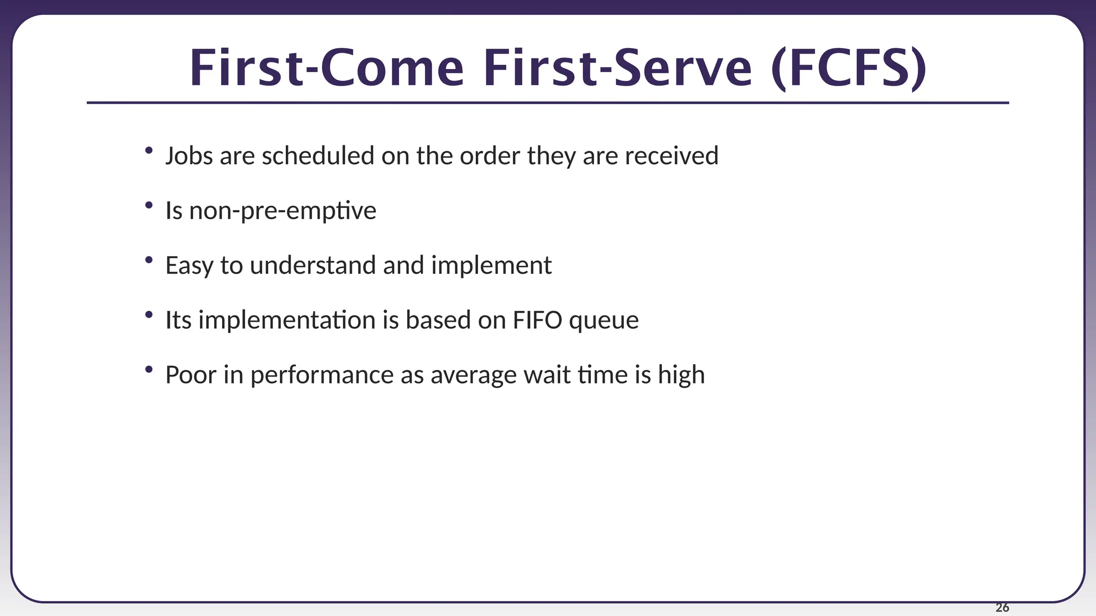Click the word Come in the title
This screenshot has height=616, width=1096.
pyautogui.click(x=392, y=68)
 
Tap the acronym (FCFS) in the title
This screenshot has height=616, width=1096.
pyautogui.click(x=849, y=68)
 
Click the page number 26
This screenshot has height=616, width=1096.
pyautogui.click(x=1002, y=607)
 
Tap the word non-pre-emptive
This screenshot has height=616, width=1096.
pyautogui.click(x=283, y=211)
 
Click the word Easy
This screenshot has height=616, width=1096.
pyautogui.click(x=189, y=266)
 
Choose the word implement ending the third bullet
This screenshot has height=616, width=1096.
pyautogui.click(x=491, y=266)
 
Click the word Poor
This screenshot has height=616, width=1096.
pyautogui.click(x=191, y=375)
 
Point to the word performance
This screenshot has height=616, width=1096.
pyautogui.click(x=322, y=375)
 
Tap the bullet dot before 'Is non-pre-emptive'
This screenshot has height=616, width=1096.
pyautogui.click(x=149, y=205)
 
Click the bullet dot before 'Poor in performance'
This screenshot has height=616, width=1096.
pyautogui.click(x=149, y=369)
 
